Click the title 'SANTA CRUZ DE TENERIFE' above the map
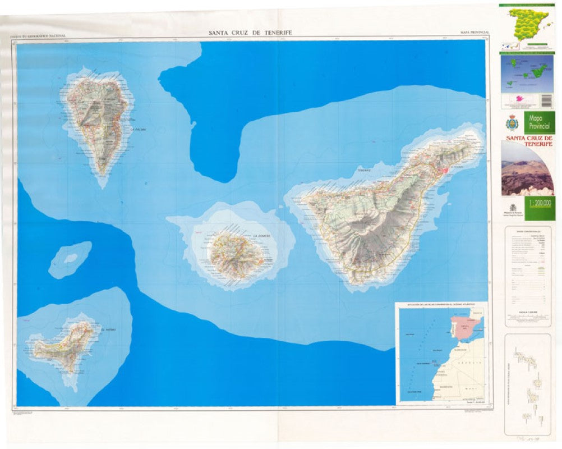pos(250,33)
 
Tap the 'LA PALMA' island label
pos(138,129)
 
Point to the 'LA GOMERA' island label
pos(261,236)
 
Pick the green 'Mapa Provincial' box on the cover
pos(538,122)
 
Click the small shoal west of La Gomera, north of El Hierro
pos(71,258)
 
